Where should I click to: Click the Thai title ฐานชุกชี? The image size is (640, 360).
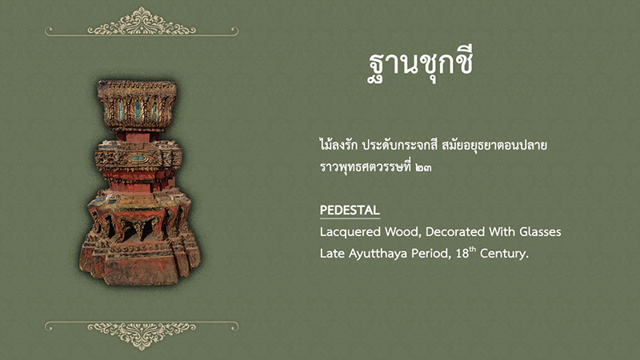point(421,66)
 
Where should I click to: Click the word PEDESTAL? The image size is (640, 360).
point(350,210)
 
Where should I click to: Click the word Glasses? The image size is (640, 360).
point(540,232)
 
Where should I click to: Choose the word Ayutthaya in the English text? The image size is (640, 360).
point(378,254)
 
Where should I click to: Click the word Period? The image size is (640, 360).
point(431,254)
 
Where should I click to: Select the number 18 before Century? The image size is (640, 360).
point(462,254)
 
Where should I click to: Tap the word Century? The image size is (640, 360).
point(504,254)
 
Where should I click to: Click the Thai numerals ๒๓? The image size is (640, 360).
point(424,167)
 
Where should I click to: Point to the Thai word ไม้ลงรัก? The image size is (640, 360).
point(338,144)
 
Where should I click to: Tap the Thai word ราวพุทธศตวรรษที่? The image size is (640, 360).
point(366,166)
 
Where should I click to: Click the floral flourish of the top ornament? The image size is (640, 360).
point(142,22)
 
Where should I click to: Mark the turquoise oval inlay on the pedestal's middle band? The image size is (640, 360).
point(138,158)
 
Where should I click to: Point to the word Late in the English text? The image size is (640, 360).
point(332,254)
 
